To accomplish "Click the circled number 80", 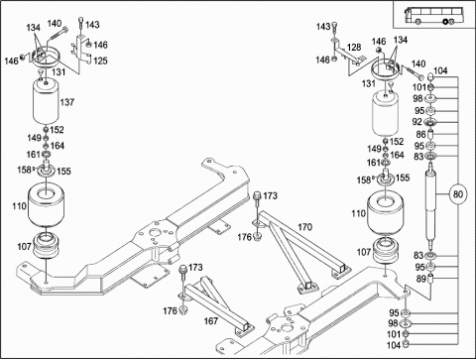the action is (x=458, y=194).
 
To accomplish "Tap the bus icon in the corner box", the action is (x=433, y=15).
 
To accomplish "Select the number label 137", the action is (x=67, y=102).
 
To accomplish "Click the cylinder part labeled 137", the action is (x=46, y=102).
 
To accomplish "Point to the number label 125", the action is (x=100, y=60).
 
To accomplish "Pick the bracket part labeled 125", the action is (x=81, y=49).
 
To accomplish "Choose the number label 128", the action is (x=354, y=47).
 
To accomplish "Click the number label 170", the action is (x=304, y=227).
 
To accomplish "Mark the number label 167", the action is (x=211, y=320).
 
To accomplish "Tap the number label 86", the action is (x=420, y=135).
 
